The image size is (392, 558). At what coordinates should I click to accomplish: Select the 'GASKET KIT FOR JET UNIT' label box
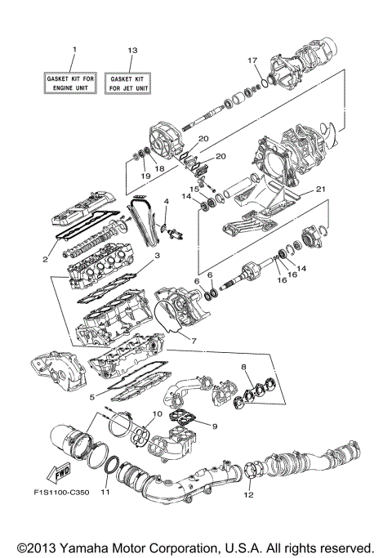coord(131,82)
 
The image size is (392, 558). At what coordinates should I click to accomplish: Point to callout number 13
coord(131,51)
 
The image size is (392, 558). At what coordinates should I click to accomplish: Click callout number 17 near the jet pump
coord(252,60)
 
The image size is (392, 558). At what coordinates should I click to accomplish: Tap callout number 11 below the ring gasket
coord(104,493)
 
